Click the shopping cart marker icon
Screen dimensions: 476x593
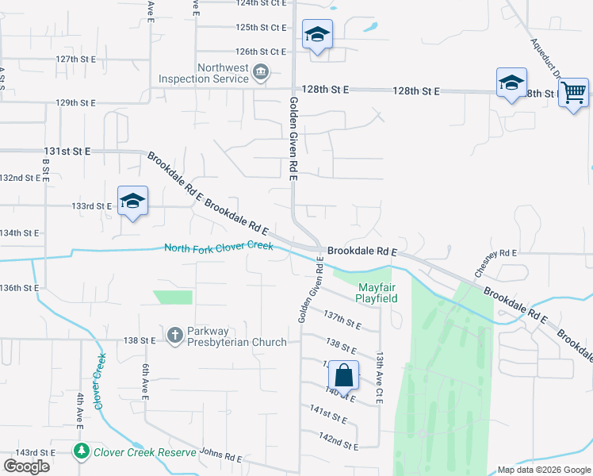click(x=573, y=91)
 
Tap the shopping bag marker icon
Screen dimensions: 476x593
click(x=344, y=374)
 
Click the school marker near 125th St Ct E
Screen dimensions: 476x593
click(x=317, y=34)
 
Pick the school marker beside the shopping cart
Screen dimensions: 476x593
click(x=511, y=83)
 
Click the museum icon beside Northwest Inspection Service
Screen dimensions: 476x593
click(x=261, y=74)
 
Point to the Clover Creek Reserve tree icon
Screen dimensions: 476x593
click(x=81, y=451)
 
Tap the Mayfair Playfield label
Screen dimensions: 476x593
click(x=377, y=293)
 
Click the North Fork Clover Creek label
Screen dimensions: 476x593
click(x=219, y=248)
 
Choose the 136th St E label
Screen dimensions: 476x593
click(x=19, y=287)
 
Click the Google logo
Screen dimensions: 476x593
click(x=27, y=466)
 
